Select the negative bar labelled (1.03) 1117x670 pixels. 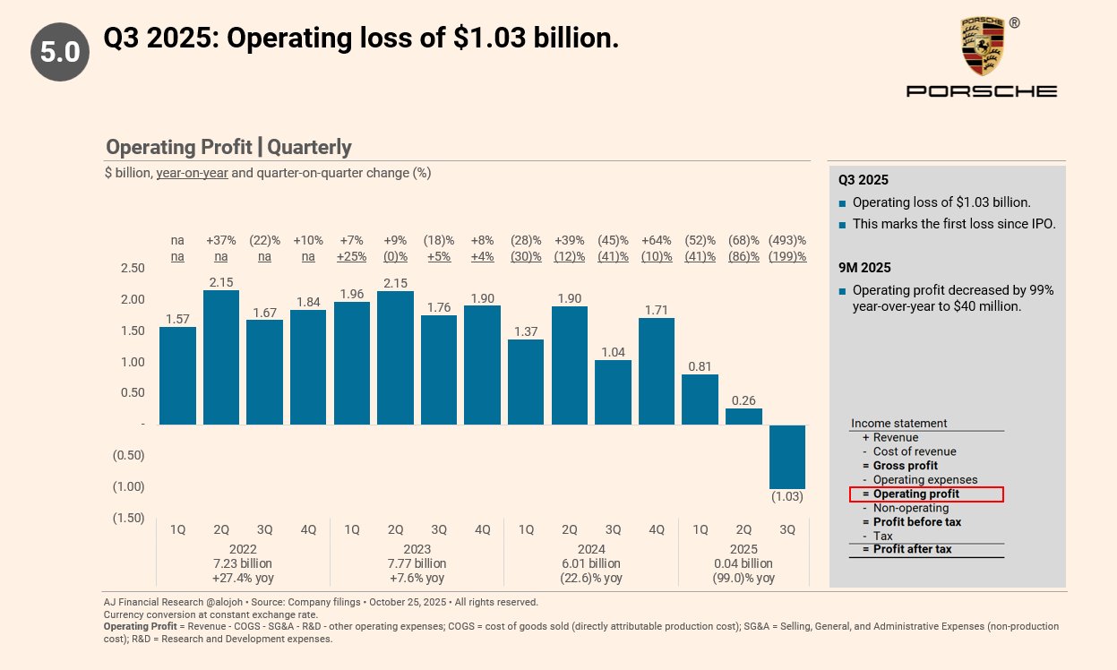(x=787, y=457)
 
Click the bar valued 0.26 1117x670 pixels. (x=743, y=417)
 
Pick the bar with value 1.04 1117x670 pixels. (x=613, y=392)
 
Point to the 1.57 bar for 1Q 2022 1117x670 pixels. (x=177, y=375)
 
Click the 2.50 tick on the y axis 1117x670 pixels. (x=132, y=269)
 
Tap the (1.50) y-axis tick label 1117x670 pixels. (x=128, y=518)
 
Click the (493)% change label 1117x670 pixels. (x=787, y=240)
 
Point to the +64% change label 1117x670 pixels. (x=657, y=240)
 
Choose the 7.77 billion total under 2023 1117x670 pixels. (x=417, y=563)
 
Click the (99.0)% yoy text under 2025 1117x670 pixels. (x=743, y=578)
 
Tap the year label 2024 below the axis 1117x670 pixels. (x=591, y=549)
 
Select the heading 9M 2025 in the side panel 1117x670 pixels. (x=864, y=267)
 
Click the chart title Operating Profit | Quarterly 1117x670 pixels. (x=228, y=147)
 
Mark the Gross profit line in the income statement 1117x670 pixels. (x=905, y=466)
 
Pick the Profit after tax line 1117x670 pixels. (x=912, y=549)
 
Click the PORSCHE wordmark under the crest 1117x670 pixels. (x=982, y=91)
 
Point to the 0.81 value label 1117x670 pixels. (x=700, y=365)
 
